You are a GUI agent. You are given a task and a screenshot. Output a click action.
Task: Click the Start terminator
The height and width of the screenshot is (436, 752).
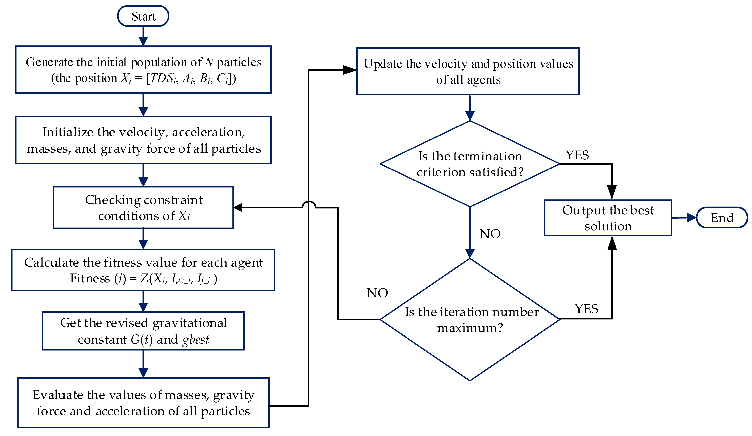point(143,16)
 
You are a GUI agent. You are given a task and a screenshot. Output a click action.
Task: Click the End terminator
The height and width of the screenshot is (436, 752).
point(722,218)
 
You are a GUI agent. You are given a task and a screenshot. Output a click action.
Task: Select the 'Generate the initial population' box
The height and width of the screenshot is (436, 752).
point(143,70)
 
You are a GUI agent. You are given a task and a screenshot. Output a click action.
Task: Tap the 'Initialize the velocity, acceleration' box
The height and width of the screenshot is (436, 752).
point(143,140)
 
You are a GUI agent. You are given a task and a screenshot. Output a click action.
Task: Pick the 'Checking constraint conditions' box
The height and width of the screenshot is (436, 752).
point(143,208)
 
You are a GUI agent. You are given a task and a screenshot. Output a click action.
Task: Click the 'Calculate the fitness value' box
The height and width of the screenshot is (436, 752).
point(143,270)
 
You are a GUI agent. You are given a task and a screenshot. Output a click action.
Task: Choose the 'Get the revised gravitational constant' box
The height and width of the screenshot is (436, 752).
point(143,331)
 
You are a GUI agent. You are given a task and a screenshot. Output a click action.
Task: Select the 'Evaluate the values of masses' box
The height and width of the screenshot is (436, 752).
point(143,403)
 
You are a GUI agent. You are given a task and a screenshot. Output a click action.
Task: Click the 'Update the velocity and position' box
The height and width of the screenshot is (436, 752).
point(468,72)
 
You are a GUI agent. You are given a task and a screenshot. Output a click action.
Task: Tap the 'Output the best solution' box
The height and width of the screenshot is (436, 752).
point(608,218)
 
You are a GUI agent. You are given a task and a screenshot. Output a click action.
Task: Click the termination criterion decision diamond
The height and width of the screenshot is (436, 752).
point(470,164)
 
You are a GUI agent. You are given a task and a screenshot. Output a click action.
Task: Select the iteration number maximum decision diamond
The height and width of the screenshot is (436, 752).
point(470,319)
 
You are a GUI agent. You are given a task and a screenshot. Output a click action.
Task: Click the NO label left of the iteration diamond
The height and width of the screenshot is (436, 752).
point(377,293)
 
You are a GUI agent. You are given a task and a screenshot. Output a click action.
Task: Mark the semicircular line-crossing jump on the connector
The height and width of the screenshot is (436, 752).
point(309,205)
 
